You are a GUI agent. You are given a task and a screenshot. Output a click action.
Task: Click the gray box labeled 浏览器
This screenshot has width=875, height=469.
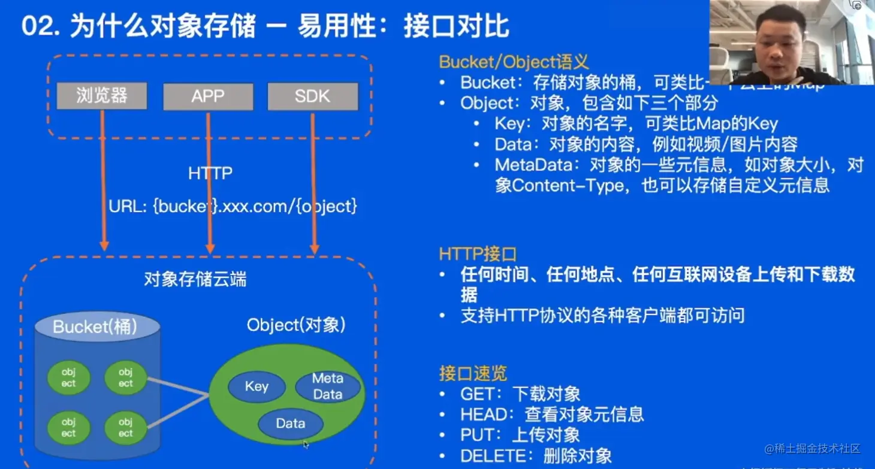coord(102,96)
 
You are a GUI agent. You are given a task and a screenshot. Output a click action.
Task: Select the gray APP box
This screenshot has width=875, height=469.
coord(208,96)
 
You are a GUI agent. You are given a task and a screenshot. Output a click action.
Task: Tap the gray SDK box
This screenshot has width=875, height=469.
coord(313,96)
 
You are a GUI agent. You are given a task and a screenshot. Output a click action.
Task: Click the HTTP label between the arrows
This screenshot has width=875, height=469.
coord(210,174)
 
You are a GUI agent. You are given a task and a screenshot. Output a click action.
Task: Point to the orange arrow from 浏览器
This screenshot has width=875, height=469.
coord(104,180)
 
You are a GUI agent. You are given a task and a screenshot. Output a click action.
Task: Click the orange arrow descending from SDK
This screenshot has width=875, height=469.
coord(313,180)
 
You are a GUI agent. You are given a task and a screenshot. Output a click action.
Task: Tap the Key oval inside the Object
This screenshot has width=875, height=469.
coord(257,386)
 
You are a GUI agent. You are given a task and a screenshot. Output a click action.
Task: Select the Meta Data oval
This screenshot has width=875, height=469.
coord(327,386)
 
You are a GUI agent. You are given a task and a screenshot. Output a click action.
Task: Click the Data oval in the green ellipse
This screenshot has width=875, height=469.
coord(291,423)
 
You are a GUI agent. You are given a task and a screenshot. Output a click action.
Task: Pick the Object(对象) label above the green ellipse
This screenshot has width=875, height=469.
coord(296,325)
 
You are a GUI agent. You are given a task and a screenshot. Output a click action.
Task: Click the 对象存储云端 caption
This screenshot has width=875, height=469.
coord(195,279)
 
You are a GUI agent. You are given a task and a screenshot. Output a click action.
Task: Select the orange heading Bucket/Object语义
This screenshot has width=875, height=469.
coord(514,62)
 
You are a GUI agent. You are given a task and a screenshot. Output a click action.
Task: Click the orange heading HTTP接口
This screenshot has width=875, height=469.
coord(478,255)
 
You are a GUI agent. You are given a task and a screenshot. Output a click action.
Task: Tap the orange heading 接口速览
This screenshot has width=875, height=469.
coord(473,373)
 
